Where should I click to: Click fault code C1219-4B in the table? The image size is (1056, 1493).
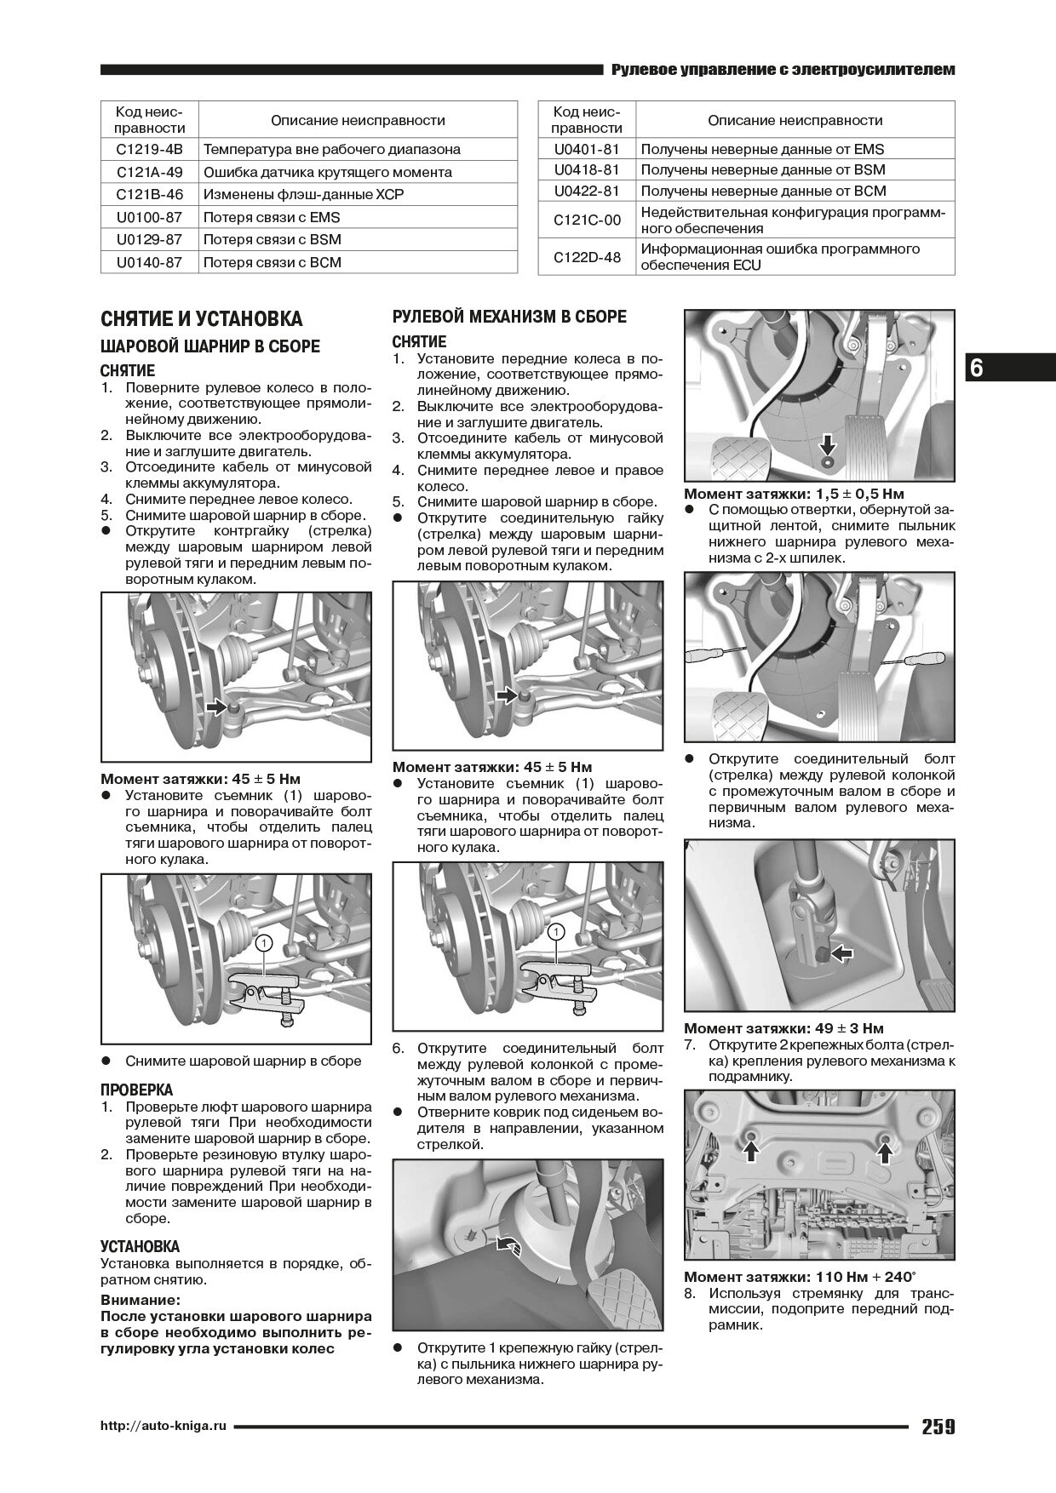pyautogui.click(x=149, y=149)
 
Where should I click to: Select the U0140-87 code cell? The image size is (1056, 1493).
pyautogui.click(x=149, y=262)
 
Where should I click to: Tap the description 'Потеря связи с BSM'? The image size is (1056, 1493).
pyautogui.click(x=272, y=240)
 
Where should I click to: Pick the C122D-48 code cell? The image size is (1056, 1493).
pyautogui.click(x=587, y=257)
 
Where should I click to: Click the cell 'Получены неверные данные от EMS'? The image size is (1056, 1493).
pyautogui.click(x=762, y=149)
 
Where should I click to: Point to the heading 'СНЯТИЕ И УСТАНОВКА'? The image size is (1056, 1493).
pyautogui.click(x=201, y=319)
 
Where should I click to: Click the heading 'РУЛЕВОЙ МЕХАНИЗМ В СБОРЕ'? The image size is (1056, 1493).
pyautogui.click(x=509, y=317)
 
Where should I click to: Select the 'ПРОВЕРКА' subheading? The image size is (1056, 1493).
pyautogui.click(x=136, y=1090)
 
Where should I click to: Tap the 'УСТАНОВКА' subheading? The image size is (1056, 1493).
pyautogui.click(x=140, y=1247)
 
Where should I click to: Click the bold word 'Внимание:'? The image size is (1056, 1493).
pyautogui.click(x=141, y=1301)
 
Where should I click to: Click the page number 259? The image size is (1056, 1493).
pyautogui.click(x=938, y=1427)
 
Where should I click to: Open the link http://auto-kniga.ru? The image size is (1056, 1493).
pyautogui.click(x=164, y=1427)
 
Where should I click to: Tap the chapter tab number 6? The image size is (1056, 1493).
pyautogui.click(x=976, y=368)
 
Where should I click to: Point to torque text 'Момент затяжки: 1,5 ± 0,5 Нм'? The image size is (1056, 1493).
pyautogui.click(x=794, y=494)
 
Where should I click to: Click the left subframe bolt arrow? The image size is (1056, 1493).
pyautogui.click(x=751, y=1151)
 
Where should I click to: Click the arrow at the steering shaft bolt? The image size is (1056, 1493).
pyautogui.click(x=841, y=954)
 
